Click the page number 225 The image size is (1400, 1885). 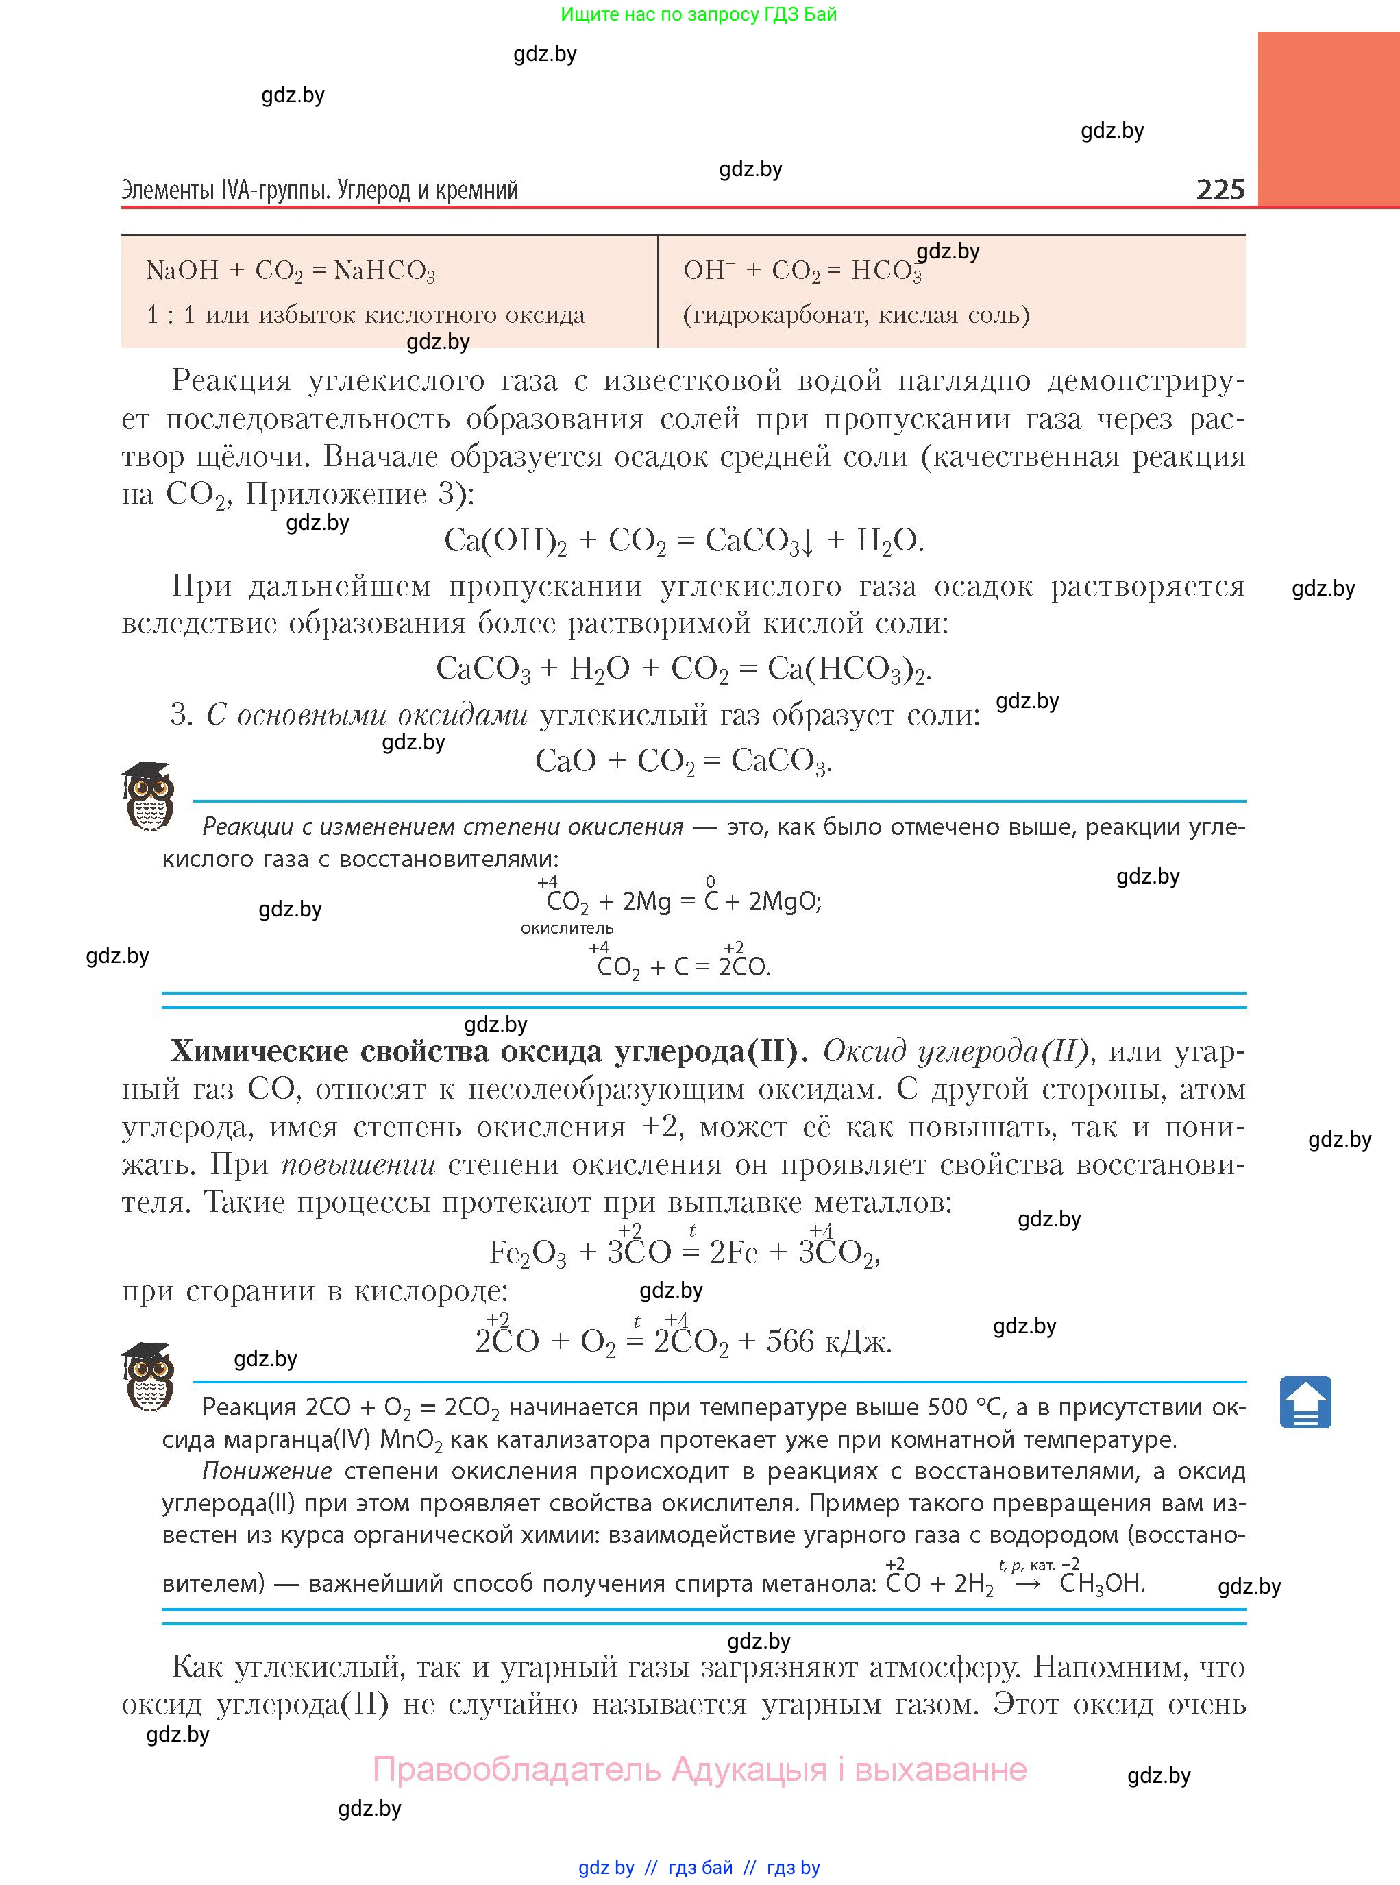[x=1220, y=188]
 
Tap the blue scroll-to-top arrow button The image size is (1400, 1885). [x=1305, y=1402]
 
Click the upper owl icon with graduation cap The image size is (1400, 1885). [x=149, y=796]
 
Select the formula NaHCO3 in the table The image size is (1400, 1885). [x=384, y=271]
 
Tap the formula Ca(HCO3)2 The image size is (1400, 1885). [x=848, y=670]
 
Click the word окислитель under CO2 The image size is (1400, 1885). [x=567, y=928]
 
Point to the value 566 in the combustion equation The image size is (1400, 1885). [x=790, y=1341]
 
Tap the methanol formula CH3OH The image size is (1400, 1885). [x=1102, y=1583]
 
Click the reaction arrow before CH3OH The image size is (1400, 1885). [x=1027, y=1584]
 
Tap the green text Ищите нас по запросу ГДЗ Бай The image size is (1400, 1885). [x=698, y=14]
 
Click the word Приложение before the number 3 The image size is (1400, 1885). [x=336, y=494]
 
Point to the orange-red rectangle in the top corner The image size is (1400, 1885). [x=1328, y=119]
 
